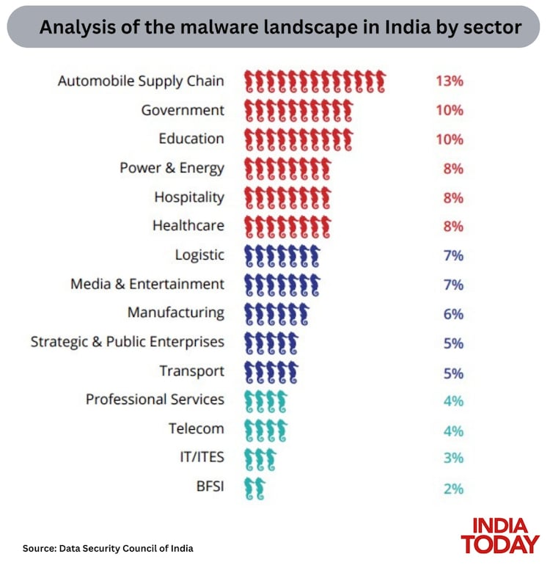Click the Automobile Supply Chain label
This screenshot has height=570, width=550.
[x=141, y=81]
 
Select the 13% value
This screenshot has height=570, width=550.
[x=449, y=81]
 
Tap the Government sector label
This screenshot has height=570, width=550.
[x=183, y=110]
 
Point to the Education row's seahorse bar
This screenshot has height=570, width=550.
[x=298, y=139]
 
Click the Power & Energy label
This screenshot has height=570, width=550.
[x=172, y=168]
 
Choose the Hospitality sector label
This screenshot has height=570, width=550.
[x=189, y=197]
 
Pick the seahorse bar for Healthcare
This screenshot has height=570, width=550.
[x=287, y=226]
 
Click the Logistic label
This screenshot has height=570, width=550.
[x=199, y=255]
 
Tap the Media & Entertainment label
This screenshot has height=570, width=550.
[x=147, y=284]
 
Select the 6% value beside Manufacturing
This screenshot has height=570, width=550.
[x=453, y=313]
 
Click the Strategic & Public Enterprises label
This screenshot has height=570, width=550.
[x=128, y=342]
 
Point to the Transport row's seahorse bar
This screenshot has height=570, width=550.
[x=271, y=371]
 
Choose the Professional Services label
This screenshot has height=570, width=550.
[x=155, y=400]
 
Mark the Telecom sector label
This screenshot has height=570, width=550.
[x=196, y=428]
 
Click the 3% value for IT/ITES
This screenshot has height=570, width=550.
[x=453, y=458]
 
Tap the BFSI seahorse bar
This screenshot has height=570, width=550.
[x=254, y=488]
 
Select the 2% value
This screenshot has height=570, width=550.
[x=453, y=488]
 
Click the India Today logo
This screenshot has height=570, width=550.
[x=499, y=536]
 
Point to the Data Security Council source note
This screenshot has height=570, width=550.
[x=109, y=548]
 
